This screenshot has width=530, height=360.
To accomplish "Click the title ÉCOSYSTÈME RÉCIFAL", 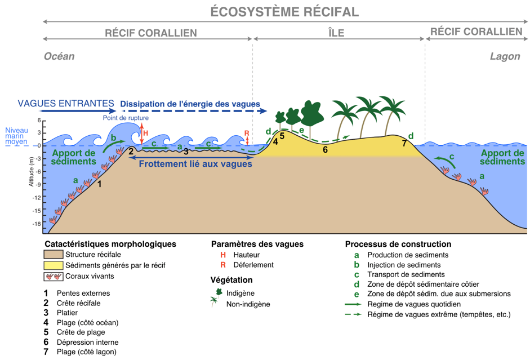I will (x=284, y=12).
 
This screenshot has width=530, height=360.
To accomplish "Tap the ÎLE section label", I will (x=336, y=33).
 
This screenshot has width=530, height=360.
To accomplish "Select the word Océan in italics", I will (x=59, y=56).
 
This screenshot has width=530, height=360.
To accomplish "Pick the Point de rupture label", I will (x=126, y=118).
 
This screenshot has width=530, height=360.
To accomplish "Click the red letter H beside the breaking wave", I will (x=145, y=133).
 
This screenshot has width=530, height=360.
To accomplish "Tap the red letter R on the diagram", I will (x=246, y=134).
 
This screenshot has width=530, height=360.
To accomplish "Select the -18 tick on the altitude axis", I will (x=37, y=224).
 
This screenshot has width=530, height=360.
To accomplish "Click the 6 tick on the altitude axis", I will (x=39, y=121).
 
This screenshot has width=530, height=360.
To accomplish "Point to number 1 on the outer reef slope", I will (x=100, y=184).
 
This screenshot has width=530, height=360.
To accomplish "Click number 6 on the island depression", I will (x=325, y=149).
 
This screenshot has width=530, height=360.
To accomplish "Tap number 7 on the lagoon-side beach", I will (x=404, y=143).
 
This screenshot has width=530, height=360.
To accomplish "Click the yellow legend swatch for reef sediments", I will (x=53, y=265).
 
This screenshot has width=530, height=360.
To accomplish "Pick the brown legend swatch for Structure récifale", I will (x=53, y=255).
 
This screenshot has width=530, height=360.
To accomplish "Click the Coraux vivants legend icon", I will (x=53, y=276).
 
